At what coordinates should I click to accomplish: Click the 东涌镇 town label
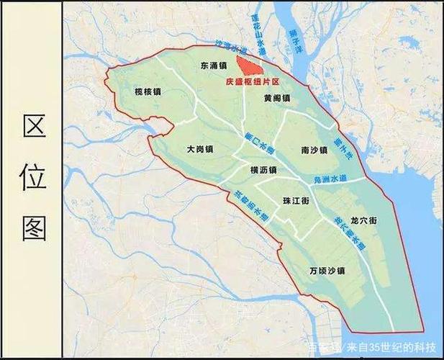[214, 66]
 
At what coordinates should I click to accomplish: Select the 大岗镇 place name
[199, 149]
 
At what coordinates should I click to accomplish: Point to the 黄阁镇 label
[276, 98]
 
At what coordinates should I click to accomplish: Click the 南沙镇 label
[314, 150]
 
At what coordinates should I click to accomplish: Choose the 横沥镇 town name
[263, 170]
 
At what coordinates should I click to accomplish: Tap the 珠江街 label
[296, 202]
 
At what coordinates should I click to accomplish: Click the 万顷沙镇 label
[327, 271]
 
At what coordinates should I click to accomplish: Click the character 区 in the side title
[34, 127]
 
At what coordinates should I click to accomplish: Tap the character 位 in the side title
[34, 177]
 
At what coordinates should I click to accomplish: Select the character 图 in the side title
[34, 228]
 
